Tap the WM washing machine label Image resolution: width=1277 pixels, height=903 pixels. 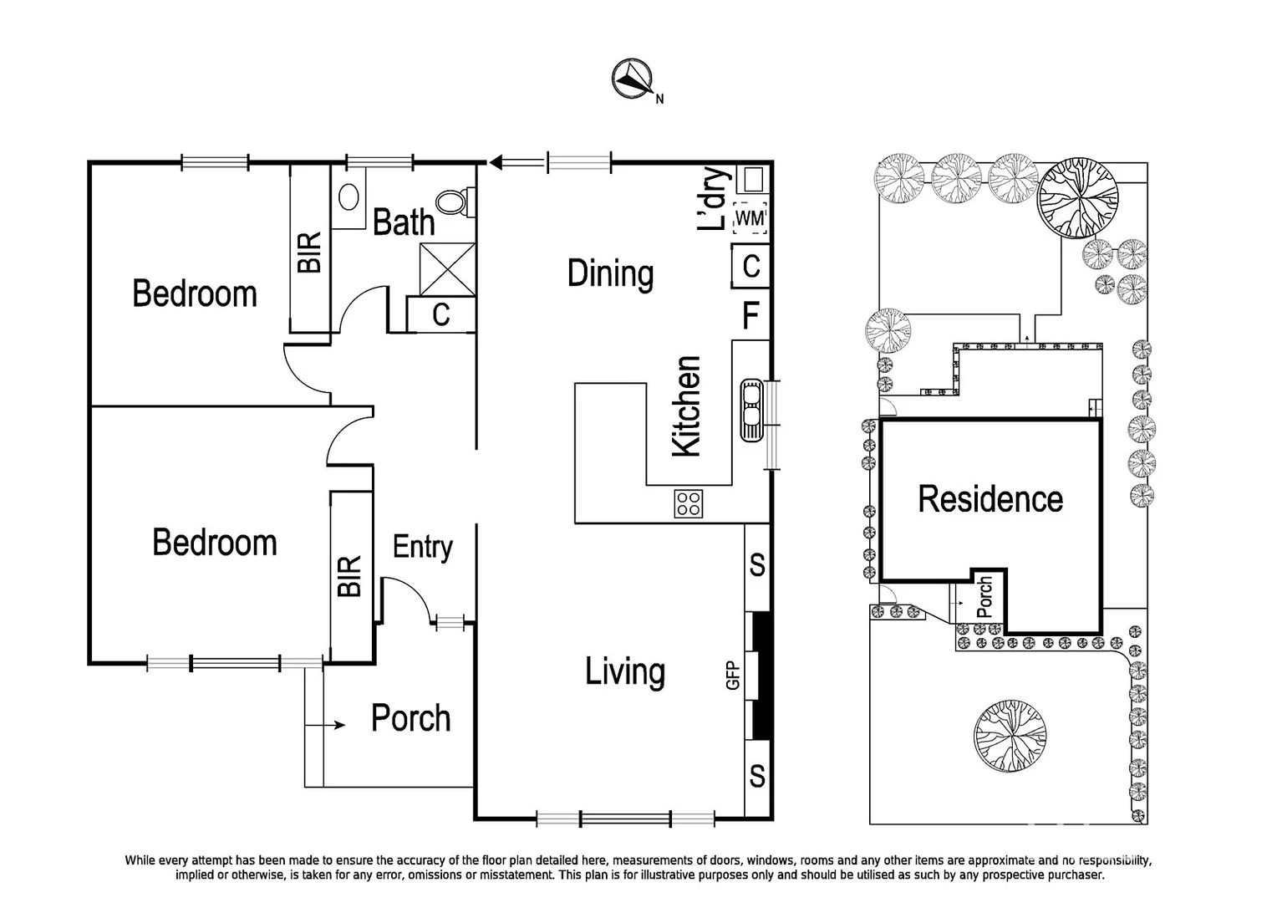750,218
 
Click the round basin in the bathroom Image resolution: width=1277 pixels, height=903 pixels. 349,196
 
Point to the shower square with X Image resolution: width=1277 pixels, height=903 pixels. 447,268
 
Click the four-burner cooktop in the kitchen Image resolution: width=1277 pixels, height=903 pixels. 689,503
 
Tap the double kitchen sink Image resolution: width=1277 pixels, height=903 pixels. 750,410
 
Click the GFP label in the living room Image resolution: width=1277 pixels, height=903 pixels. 733,676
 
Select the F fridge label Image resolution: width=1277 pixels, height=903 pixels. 750,316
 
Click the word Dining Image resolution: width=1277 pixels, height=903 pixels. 610,273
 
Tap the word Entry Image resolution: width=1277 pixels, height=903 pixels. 423,547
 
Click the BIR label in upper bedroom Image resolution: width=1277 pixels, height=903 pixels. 309,253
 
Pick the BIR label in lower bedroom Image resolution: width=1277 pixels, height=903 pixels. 350,576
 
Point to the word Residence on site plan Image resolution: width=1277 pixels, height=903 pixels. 990,498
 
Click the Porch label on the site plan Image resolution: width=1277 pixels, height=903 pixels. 985,596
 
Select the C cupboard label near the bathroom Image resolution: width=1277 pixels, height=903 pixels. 441,315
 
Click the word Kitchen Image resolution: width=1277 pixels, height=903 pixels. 687,406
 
